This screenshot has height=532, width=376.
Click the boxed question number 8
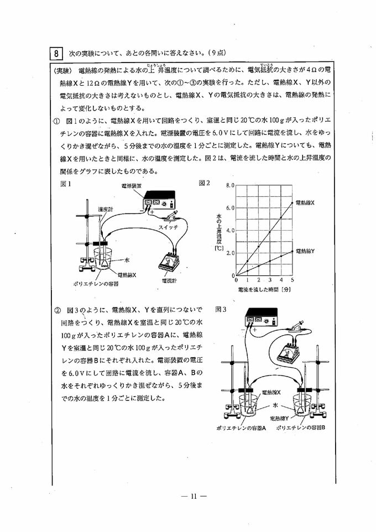56,54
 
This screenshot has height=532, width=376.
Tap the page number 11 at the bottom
193,496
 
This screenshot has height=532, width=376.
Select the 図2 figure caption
204,183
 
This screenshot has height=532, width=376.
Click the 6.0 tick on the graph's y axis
231,208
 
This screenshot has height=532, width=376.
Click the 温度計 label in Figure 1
105,210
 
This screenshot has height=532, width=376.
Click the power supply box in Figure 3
261,320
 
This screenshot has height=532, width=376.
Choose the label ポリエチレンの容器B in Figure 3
300,427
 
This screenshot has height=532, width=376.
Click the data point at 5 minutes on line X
292,202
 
